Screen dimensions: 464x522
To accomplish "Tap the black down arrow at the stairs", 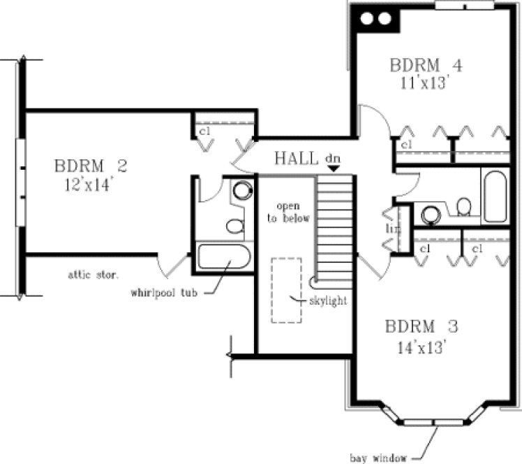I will click(334, 168).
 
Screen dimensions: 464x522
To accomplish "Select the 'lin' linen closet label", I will click(391, 229).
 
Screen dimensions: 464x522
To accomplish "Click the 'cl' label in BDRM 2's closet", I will click(205, 131).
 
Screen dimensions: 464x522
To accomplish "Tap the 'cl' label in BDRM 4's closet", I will click(406, 144).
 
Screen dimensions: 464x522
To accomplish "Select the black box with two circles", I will click(378, 19).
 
